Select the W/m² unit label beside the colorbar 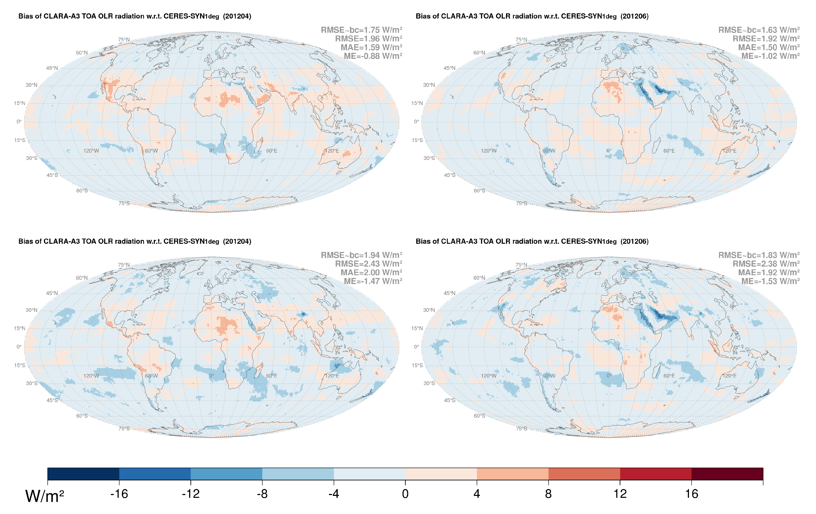click(x=44, y=496)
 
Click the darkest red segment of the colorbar click(x=727, y=474)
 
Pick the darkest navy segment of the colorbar click(x=83, y=474)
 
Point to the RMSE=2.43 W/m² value click(x=368, y=264)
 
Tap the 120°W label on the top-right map click(x=489, y=151)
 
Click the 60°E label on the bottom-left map click(x=271, y=376)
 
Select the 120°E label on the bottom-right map click(x=729, y=376)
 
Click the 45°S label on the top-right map click(x=450, y=175)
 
